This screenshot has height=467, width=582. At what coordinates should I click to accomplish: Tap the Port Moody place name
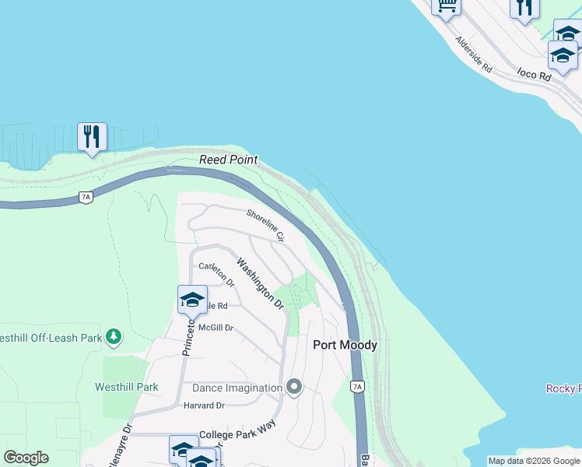[x=345, y=345]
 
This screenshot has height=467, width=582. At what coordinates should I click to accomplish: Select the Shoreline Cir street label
[x=266, y=225]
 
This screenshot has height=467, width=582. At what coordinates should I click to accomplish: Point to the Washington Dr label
[x=260, y=284]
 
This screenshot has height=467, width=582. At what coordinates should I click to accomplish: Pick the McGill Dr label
[x=216, y=328]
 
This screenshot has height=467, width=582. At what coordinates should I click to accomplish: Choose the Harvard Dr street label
[x=204, y=406]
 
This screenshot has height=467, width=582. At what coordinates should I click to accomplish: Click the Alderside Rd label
[x=475, y=54]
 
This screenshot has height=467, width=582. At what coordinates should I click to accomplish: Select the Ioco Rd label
[x=534, y=76]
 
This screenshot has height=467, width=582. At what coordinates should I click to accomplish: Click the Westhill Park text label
[x=127, y=387]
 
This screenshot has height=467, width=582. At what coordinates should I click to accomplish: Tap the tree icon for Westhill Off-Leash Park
[x=114, y=336]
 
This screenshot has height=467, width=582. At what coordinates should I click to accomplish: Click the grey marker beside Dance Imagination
[x=293, y=386]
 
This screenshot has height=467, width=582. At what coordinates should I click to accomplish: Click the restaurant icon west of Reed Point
[x=92, y=137]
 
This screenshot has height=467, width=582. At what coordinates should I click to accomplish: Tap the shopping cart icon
[x=447, y=5]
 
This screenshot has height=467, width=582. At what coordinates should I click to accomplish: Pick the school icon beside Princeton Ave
[x=192, y=300]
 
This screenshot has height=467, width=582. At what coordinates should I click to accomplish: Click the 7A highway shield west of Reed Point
[x=86, y=198]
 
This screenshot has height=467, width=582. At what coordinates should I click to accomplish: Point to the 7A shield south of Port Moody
[x=356, y=386]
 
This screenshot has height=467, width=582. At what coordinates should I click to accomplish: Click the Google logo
[x=26, y=458]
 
